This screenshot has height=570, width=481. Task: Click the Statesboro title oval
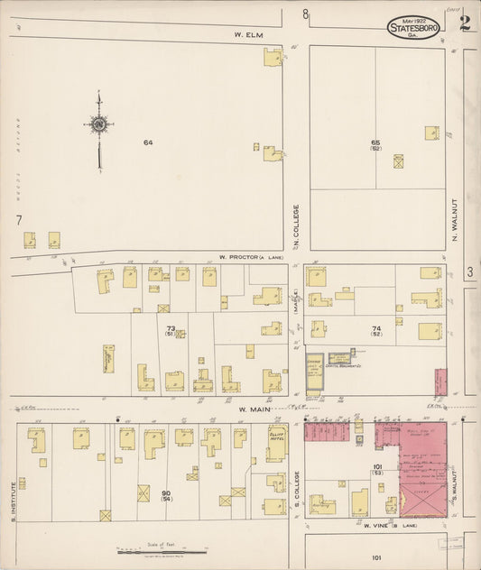point(414,28)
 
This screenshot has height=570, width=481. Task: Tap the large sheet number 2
point(465,23)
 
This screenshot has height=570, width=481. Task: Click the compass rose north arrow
point(98,126)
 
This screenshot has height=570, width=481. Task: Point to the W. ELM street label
point(247,35)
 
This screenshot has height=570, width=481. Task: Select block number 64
point(147,142)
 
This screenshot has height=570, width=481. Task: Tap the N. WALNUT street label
point(456,223)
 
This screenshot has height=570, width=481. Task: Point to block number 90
point(166,493)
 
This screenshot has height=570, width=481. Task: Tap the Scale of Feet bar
point(153,551)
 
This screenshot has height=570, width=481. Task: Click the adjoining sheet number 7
point(18,219)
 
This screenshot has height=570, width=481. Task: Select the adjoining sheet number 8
point(305,14)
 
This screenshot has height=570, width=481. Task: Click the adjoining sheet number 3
point(469,271)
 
